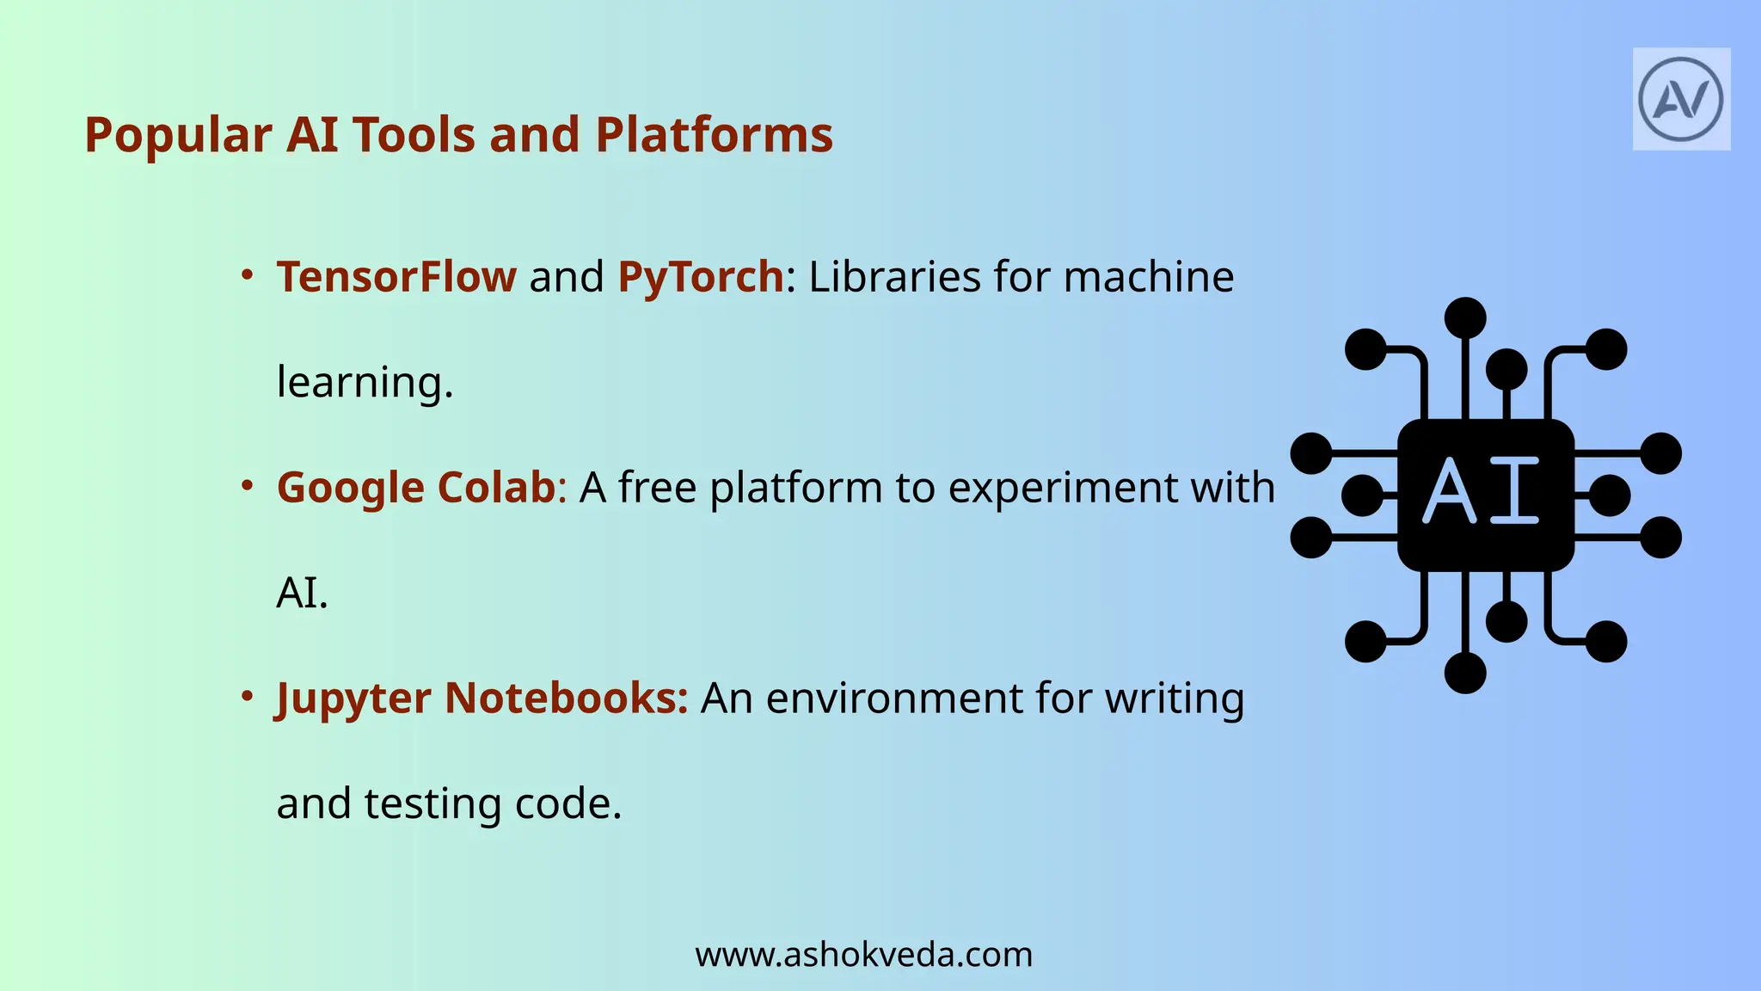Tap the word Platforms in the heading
pyautogui.click(x=714, y=136)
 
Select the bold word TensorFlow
pyautogui.click(x=396, y=277)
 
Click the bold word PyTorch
pyautogui.click(x=701, y=277)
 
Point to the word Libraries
pyautogui.click(x=894, y=277)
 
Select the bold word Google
pyautogui.click(x=351, y=488)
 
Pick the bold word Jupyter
pyautogui.click(x=353, y=699)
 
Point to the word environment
pyautogui.click(x=894, y=699)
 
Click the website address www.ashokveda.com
pyautogui.click(x=863, y=955)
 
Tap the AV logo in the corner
pyautogui.click(x=1681, y=100)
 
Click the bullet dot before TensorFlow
pyautogui.click(x=247, y=275)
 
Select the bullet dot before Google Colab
pyautogui.click(x=247, y=486)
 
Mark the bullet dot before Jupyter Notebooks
pyautogui.click(x=247, y=696)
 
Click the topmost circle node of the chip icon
pyautogui.click(x=1465, y=317)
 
